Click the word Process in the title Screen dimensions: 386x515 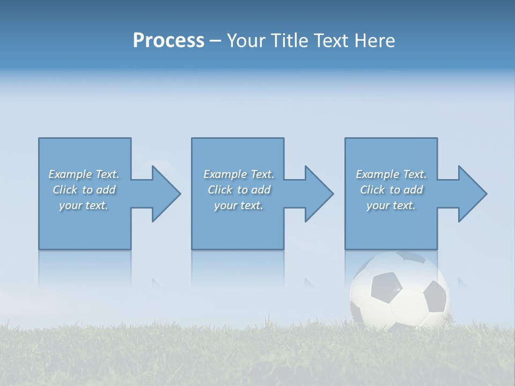168,41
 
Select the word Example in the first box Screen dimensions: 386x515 70,174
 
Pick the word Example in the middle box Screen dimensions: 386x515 225,174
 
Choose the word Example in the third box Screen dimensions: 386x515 378,174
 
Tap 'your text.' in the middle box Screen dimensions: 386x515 238,205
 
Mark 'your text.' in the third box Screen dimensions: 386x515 391,205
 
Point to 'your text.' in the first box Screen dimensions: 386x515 83,205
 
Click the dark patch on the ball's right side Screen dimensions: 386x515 435,296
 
